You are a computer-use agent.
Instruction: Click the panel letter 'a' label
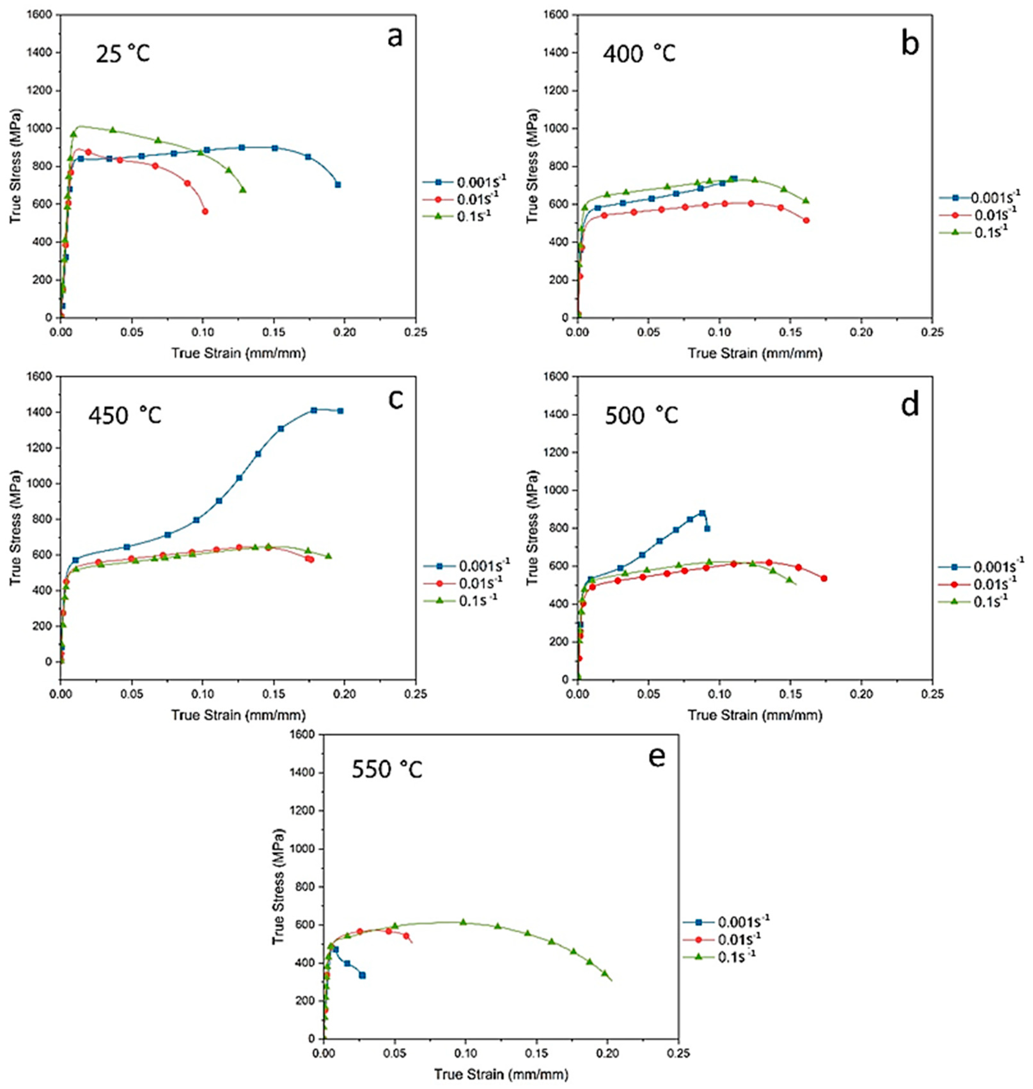[395, 39]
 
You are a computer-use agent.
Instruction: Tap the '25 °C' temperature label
[123, 54]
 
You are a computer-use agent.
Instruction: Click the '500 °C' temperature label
[641, 415]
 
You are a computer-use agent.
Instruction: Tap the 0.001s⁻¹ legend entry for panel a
[464, 181]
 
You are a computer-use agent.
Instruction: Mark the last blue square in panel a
[338, 185]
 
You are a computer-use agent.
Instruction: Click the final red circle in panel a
[205, 212]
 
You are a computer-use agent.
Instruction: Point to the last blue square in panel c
[340, 411]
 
